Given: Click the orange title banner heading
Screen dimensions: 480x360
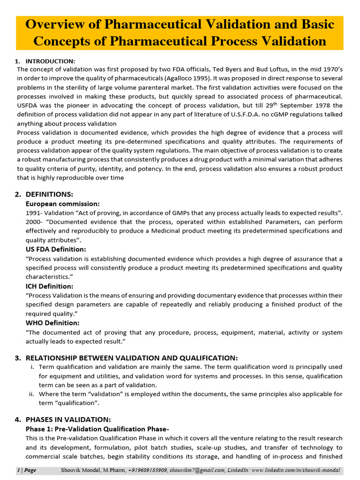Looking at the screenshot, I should tap(180, 33).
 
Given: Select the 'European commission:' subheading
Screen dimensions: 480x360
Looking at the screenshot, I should tap(62, 204).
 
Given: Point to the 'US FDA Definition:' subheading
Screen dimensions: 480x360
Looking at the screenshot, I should tap(56, 249).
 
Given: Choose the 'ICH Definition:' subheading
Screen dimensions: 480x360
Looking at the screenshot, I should tap(49, 286).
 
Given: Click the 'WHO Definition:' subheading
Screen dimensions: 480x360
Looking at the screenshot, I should tap(52, 323).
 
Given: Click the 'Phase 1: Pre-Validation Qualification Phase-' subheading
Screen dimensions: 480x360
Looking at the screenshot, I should tap(97, 429).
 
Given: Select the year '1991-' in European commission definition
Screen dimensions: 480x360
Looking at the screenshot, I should tap(35, 213).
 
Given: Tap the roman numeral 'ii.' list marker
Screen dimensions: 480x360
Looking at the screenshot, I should tap(32, 394).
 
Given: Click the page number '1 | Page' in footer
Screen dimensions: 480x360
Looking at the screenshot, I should tap(27, 471).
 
